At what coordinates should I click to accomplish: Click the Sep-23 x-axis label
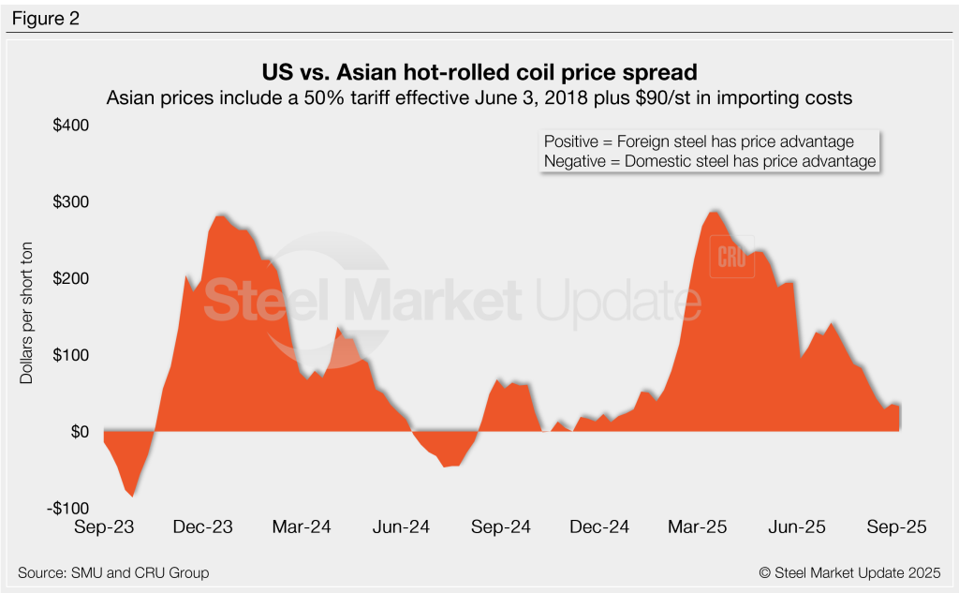coord(104,527)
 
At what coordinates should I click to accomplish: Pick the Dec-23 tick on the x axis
coord(203,527)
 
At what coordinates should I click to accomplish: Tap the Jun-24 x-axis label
coord(402,527)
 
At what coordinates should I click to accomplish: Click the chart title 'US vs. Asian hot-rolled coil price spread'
coord(479,73)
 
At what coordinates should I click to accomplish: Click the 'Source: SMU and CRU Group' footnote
coord(113,572)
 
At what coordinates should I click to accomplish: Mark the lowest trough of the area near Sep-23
coord(133,496)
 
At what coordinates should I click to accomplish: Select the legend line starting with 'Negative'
coord(709,161)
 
